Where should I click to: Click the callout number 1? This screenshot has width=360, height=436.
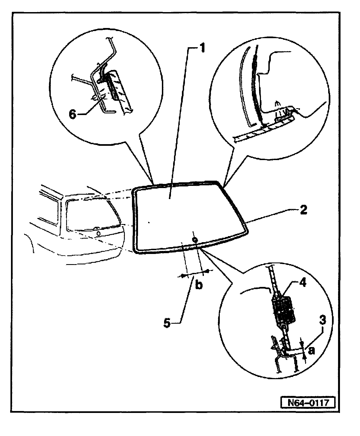click(x=201, y=48)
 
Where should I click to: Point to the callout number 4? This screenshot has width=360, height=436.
click(x=303, y=283)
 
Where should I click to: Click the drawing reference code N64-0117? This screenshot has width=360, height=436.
click(x=308, y=403)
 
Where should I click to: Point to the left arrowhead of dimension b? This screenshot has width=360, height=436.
click(x=183, y=276)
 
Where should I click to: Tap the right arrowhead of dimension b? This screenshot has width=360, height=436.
click(x=207, y=271)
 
